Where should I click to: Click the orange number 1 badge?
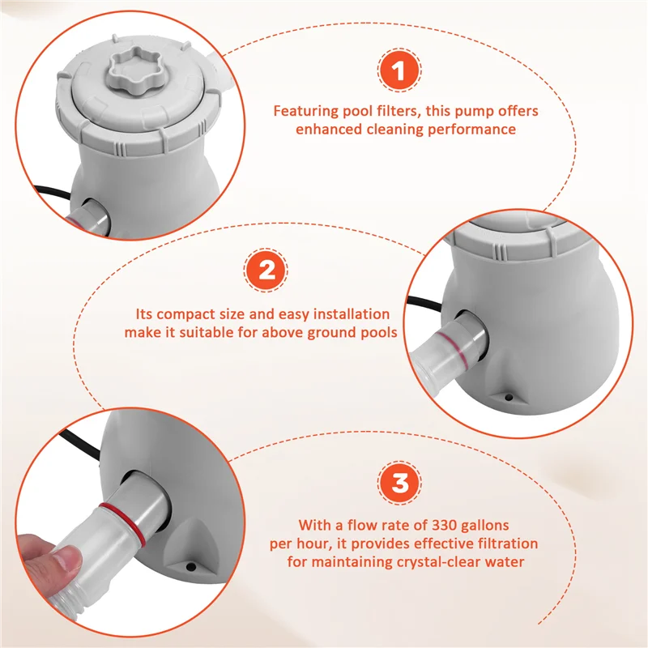pos(399,70)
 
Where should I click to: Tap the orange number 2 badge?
pos(266,271)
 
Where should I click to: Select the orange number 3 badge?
pos(399,483)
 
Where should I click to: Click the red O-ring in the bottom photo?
pos(125,523)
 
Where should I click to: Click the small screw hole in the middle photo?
pos(509,398)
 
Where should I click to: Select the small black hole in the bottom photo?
pos(190,567)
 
